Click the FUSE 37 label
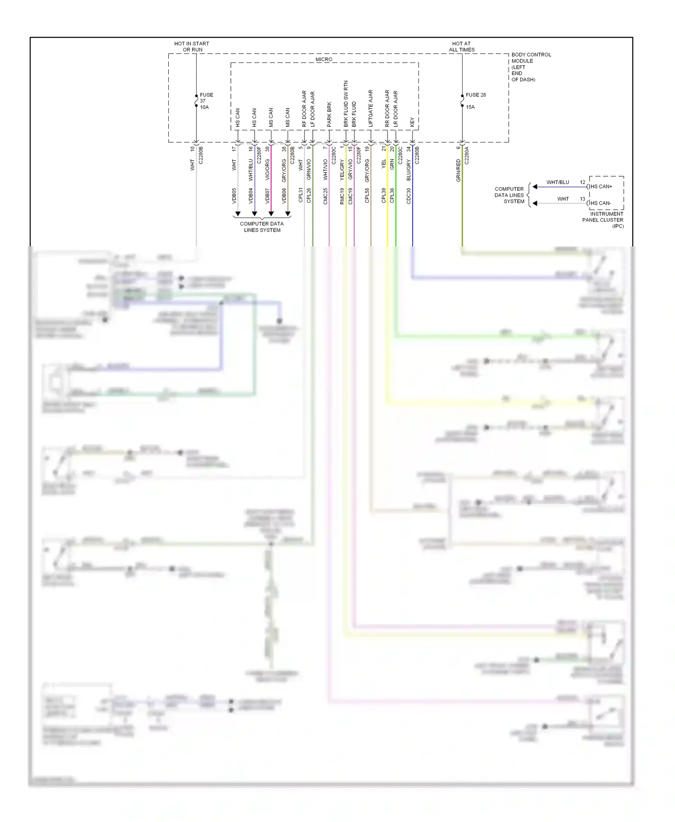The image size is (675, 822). click(206, 95)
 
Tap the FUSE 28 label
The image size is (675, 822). click(476, 95)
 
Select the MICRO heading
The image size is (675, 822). click(324, 59)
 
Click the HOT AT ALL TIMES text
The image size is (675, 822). click(461, 47)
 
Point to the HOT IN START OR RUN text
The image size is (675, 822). click(192, 47)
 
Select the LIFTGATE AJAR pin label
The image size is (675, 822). click(371, 108)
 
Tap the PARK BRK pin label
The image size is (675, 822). click(329, 114)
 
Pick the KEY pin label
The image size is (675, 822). click(412, 122)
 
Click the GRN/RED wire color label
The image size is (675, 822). click(458, 170)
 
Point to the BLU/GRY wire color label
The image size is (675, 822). click(409, 170)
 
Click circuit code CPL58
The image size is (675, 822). click(367, 196)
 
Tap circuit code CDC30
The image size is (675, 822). click(409, 196)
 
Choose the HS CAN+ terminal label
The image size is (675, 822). click(601, 186)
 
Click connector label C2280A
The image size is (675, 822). click(467, 155)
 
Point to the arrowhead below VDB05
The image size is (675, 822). click(238, 214)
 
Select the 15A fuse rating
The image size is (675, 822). click(470, 107)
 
